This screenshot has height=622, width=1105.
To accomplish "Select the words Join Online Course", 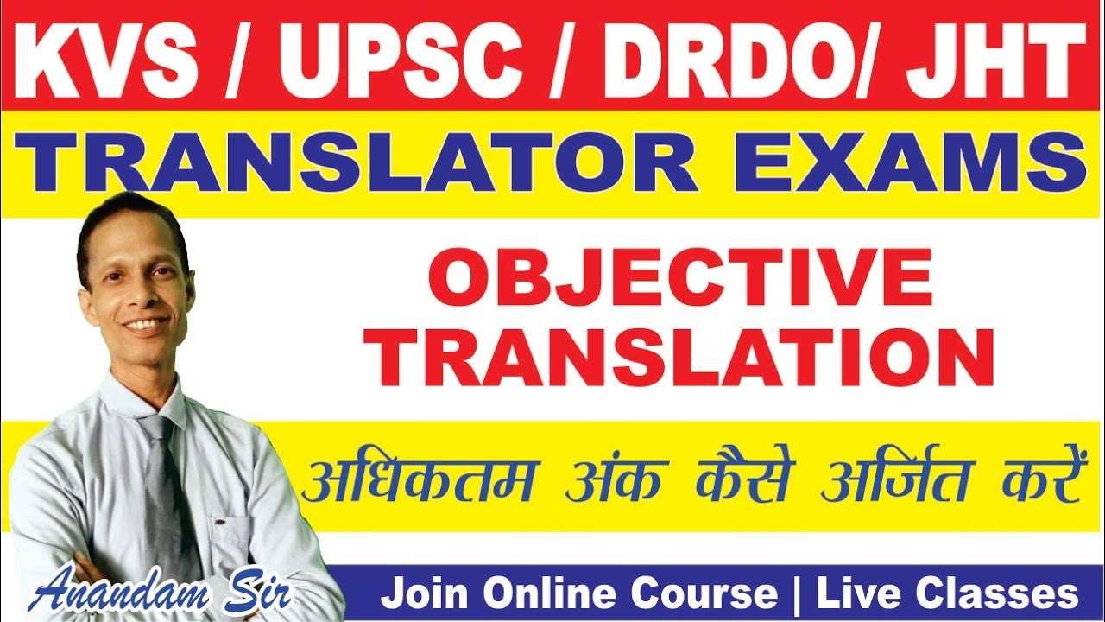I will tap(579, 594).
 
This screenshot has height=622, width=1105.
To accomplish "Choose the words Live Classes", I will tap(946, 594).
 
